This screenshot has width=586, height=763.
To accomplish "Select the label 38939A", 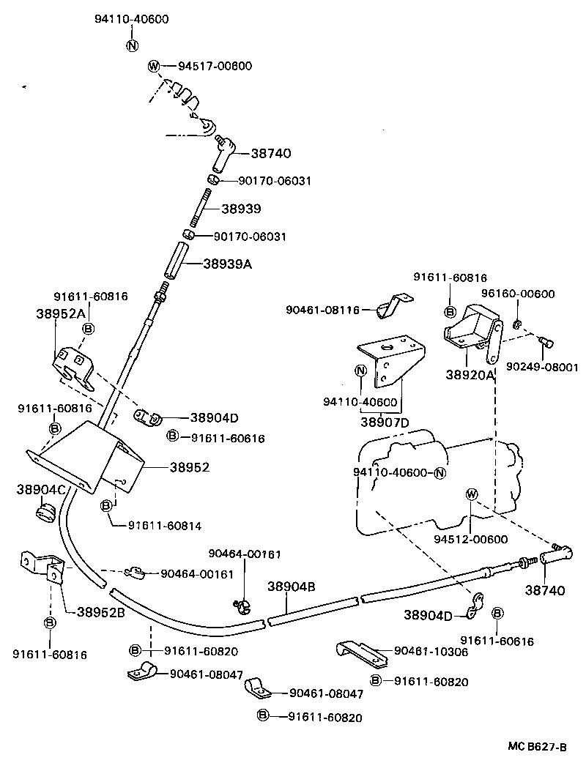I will tap(227, 264).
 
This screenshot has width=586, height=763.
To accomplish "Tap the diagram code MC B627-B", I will tap(538, 747).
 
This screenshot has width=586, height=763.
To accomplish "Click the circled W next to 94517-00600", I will tap(154, 66).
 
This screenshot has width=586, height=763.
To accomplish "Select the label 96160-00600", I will tap(518, 294).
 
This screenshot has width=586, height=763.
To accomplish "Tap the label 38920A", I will tap(470, 374).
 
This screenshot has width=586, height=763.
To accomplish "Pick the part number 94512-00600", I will tap(470, 539).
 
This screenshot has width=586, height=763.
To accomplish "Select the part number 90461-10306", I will tap(431, 650).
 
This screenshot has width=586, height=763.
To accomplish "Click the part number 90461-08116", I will tap(322, 310).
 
